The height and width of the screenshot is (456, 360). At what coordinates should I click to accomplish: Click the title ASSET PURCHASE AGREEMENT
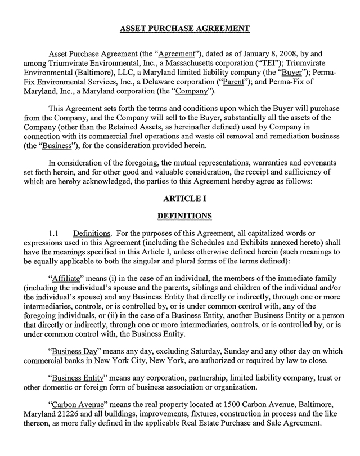click(x=180, y=28)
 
